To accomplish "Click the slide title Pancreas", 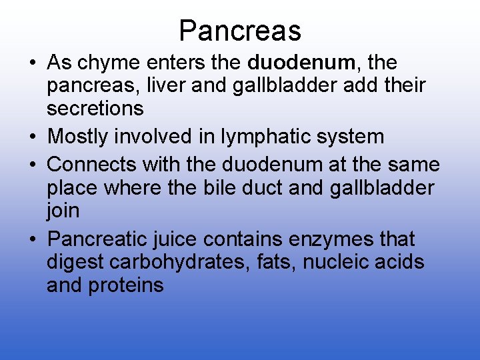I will tap(240, 31).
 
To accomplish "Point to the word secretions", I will tap(95, 109).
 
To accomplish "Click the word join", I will tap(63, 211).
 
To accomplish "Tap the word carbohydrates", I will tap(169, 262).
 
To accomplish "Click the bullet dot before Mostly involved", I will tap(33, 137).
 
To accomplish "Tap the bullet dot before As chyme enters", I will tap(33, 63).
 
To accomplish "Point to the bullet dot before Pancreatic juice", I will tap(33, 239).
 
